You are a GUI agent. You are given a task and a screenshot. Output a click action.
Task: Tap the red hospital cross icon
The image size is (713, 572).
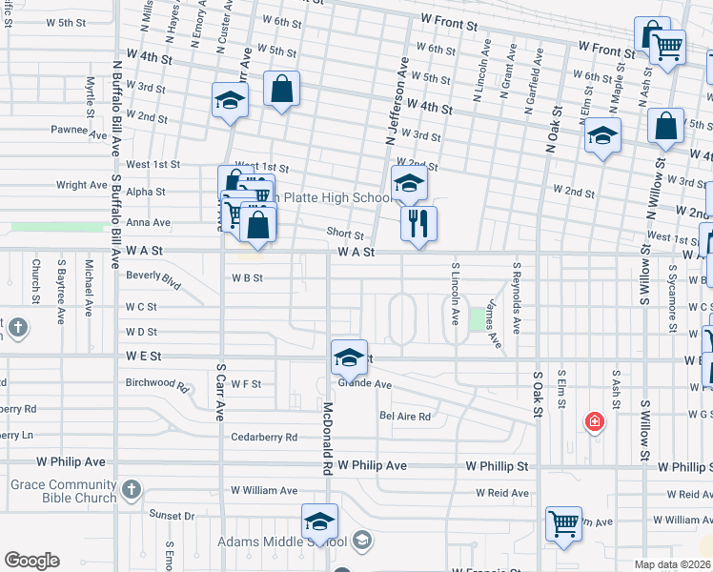pos(595,421)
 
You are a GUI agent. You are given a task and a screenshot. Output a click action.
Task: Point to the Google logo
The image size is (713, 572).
pos(31,561)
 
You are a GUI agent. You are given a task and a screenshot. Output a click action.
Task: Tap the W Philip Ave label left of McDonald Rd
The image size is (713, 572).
pos(70,461)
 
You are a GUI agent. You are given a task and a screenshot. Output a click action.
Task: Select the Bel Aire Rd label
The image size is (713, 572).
pos(405,417)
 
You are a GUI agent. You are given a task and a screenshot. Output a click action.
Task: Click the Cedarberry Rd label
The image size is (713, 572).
pos(264,438)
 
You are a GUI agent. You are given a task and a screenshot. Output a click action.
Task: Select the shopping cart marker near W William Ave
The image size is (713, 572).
pos(563,522)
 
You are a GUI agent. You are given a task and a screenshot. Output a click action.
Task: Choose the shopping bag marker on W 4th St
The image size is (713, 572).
pos(281,90)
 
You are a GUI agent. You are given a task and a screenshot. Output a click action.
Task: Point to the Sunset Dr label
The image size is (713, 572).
pos(172,515)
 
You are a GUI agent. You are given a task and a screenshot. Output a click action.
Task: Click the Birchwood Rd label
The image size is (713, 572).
pos(157,383)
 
